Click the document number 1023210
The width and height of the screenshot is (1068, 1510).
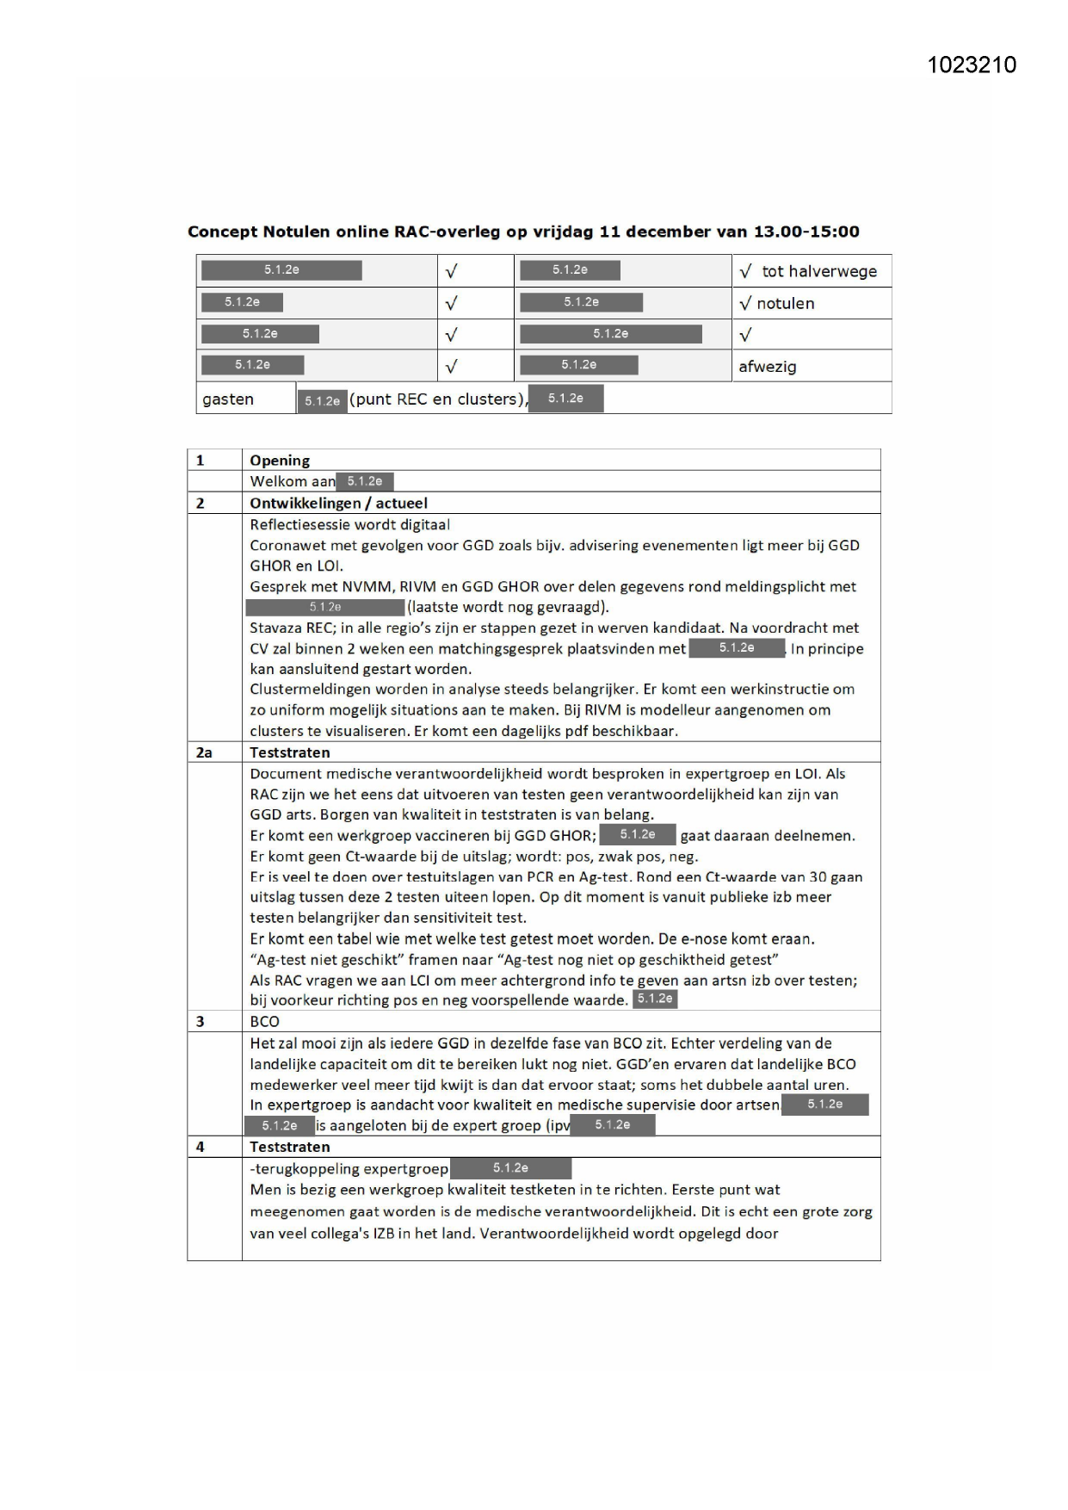coord(972,65)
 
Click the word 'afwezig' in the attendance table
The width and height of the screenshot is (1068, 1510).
coord(767,367)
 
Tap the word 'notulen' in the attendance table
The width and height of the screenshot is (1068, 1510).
coord(785,303)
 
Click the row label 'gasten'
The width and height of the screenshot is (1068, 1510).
coord(228,399)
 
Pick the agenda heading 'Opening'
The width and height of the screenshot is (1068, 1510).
coord(280,461)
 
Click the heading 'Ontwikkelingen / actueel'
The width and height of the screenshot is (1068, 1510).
coord(338,503)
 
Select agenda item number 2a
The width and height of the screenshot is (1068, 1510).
coord(204,752)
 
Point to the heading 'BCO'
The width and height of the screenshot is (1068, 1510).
coord(264,1022)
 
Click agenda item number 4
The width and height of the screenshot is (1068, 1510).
coord(201,1147)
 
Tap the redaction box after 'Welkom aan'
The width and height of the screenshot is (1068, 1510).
coord(365,481)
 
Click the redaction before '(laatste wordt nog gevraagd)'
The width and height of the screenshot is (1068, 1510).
coord(324,608)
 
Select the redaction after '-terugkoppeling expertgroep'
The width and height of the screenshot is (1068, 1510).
coord(510,1168)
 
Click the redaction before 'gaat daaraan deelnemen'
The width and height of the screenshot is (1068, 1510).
coord(637,834)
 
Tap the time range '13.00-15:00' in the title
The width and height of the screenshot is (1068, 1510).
coord(806,232)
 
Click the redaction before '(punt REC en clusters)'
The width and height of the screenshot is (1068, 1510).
coord(322,401)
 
